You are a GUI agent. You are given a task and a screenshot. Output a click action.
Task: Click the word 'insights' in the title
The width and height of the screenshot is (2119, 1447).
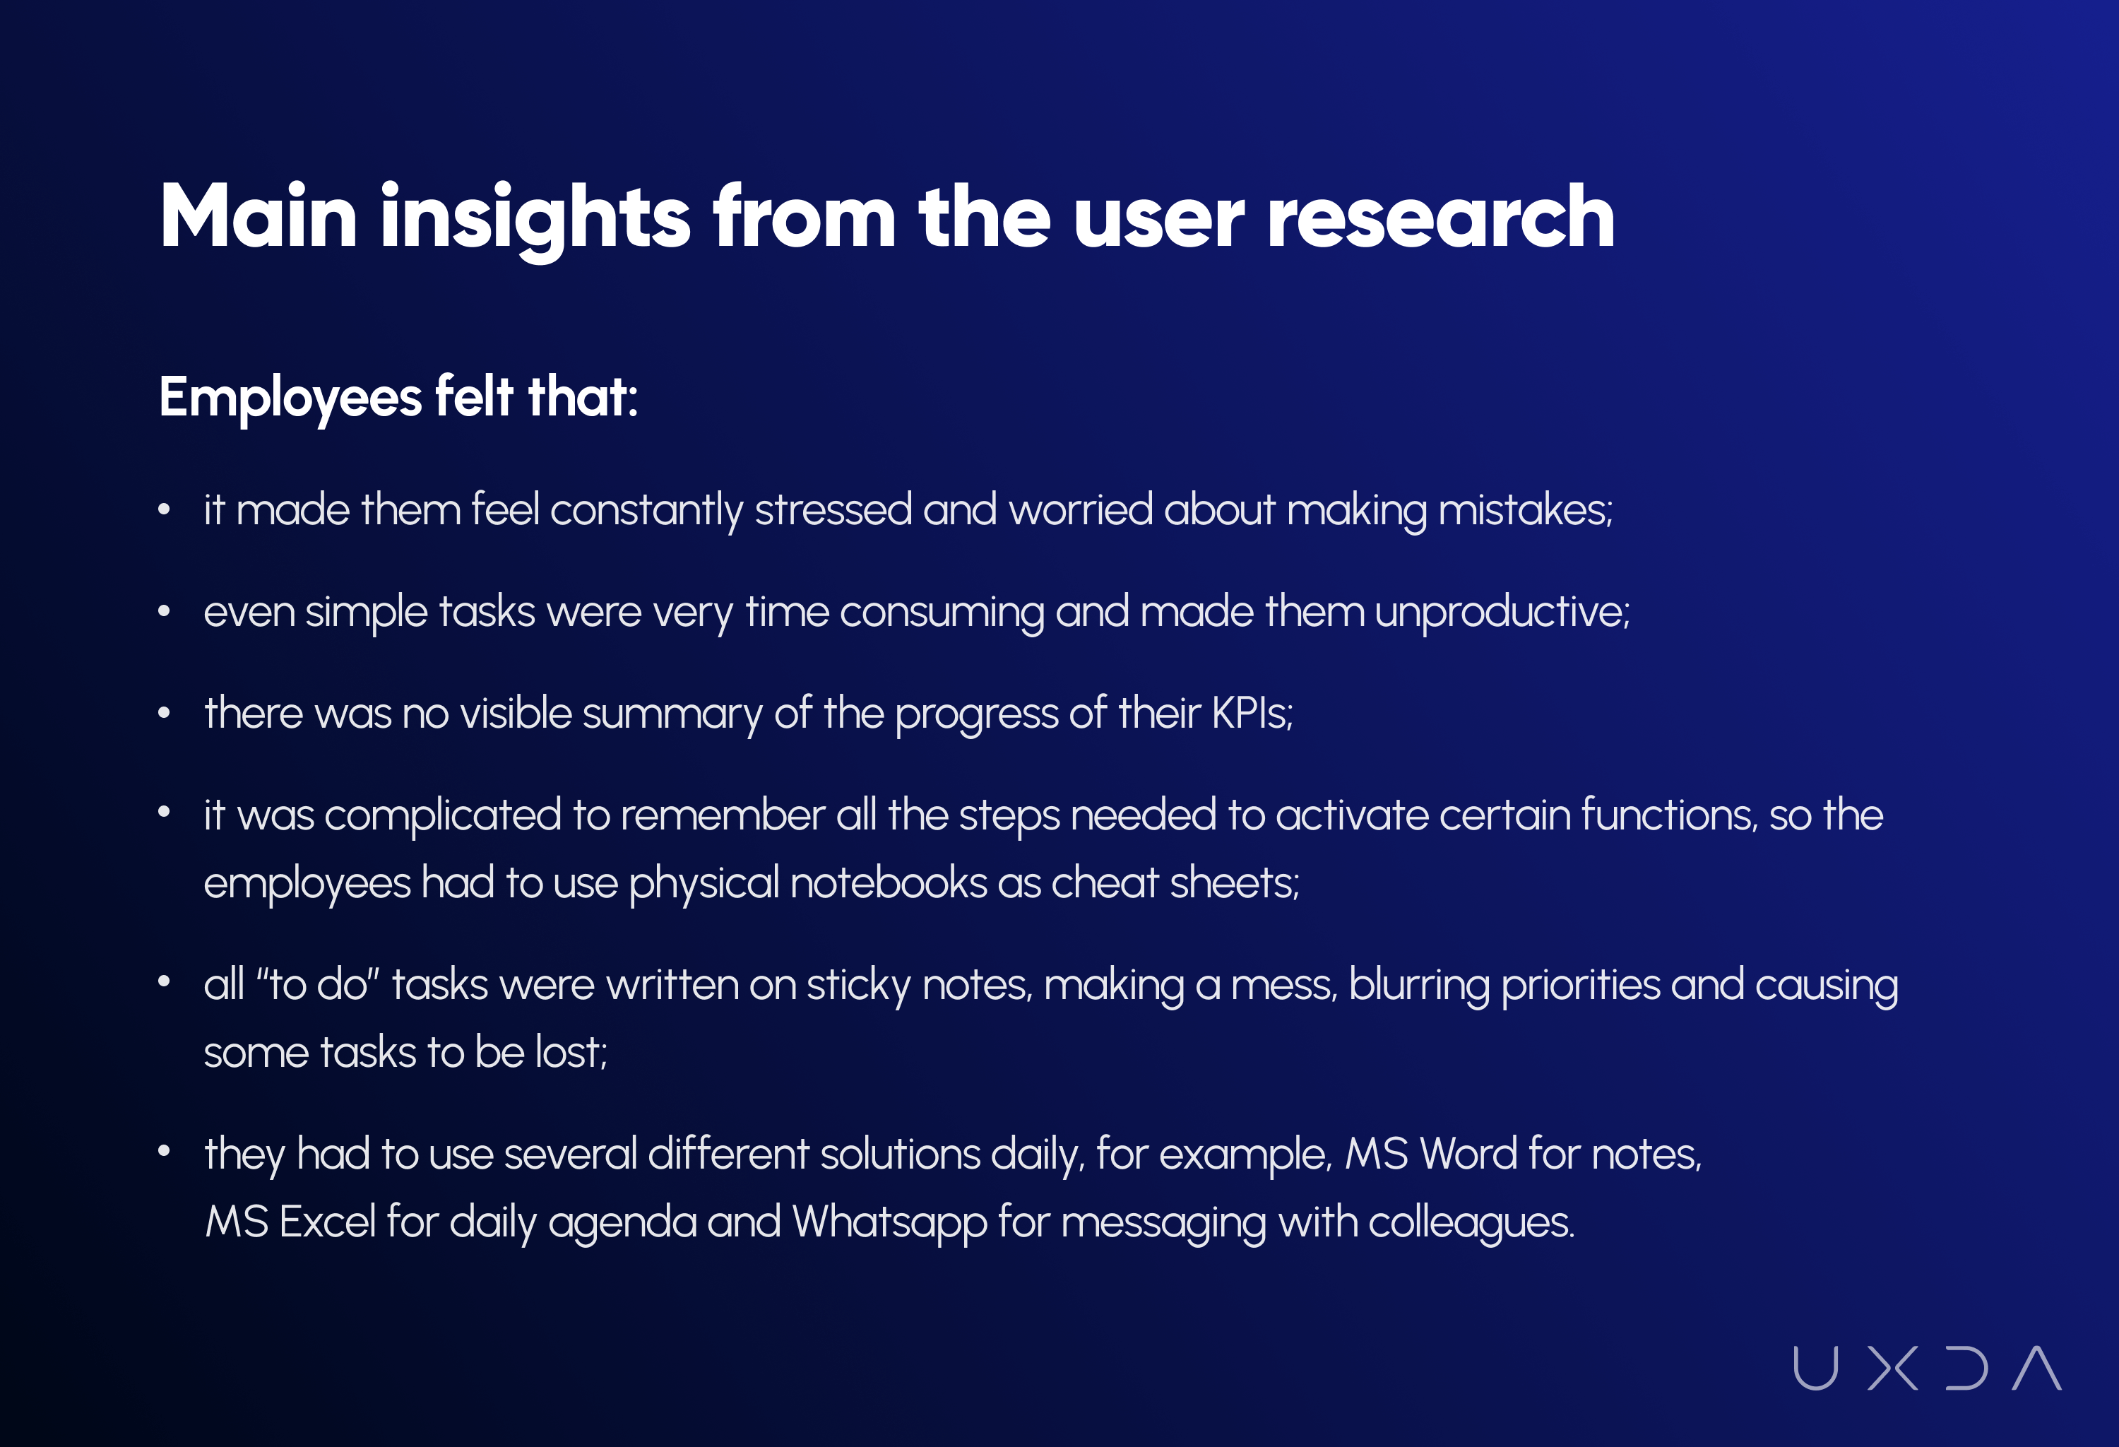(x=535, y=219)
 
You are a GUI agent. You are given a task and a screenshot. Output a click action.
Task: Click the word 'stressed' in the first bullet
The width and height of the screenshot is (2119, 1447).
(x=833, y=509)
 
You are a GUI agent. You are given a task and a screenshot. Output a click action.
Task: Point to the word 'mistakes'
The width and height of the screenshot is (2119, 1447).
(x=1524, y=509)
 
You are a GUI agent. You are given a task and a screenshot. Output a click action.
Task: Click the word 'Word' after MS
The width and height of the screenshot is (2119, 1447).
(x=1468, y=1154)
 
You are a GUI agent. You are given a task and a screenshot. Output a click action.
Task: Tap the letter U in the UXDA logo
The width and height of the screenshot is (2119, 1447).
(x=1815, y=1369)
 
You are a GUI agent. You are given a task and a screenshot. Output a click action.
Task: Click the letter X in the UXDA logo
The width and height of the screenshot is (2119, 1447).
(x=1893, y=1368)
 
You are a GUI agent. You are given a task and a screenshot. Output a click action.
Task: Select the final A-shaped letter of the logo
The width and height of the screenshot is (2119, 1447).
(x=2037, y=1368)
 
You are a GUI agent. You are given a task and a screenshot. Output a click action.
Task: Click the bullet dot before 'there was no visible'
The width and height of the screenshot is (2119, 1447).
(x=164, y=714)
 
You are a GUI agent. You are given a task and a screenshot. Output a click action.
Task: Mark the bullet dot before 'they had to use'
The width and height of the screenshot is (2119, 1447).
(x=164, y=1152)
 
